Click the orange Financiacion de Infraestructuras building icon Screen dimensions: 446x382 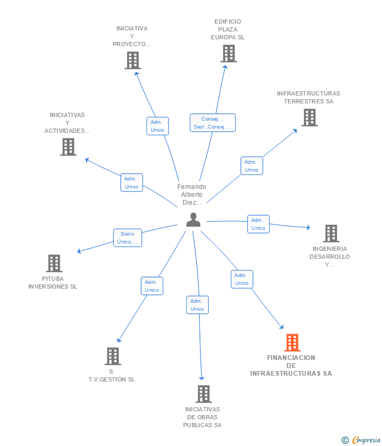(x=292, y=343)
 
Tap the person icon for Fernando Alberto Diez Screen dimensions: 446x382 (x=193, y=220)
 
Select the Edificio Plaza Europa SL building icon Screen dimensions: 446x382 (x=228, y=54)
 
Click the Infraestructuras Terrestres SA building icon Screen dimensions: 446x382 (x=310, y=118)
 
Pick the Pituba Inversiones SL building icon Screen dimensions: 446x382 (x=54, y=263)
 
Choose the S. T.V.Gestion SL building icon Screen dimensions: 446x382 (x=112, y=356)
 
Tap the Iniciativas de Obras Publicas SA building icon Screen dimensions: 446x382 (x=203, y=394)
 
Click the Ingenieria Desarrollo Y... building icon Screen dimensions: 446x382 (x=331, y=233)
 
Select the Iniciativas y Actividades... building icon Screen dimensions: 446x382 (x=68, y=147)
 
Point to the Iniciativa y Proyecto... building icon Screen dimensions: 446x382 (x=133, y=60)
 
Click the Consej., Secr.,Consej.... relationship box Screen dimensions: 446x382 (x=213, y=123)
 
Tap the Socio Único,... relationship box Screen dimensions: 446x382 (x=128, y=238)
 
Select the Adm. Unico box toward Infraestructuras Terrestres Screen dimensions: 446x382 (x=252, y=166)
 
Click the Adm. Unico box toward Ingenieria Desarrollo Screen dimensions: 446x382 (x=258, y=224)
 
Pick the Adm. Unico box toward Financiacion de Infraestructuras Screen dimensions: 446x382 (x=242, y=279)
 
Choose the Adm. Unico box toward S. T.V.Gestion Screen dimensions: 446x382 (x=152, y=286)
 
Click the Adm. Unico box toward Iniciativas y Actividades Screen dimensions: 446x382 (x=131, y=183)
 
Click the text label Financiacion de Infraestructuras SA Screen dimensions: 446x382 (x=291, y=366)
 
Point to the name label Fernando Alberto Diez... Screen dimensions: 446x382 (x=192, y=195)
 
